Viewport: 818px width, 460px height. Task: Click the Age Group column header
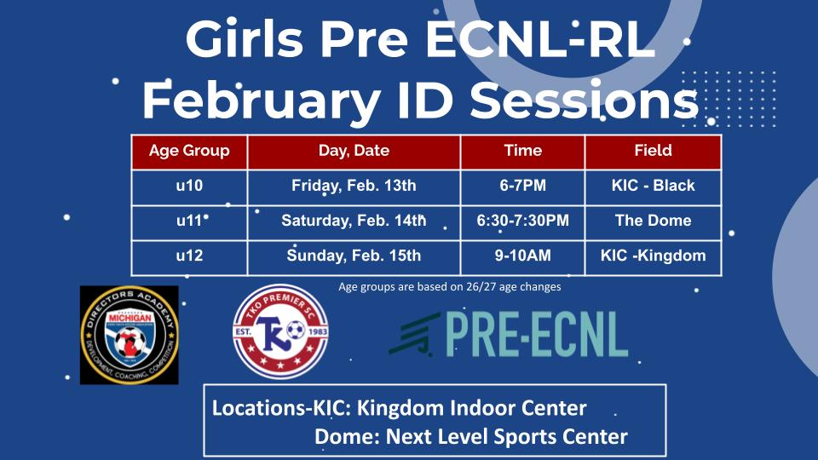pyautogui.click(x=189, y=151)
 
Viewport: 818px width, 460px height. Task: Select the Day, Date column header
pyautogui.click(x=354, y=151)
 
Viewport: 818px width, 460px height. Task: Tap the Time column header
pyautogui.click(x=522, y=151)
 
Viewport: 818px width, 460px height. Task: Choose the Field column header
pyautogui.click(x=653, y=151)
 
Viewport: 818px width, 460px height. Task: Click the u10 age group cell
pyautogui.click(x=189, y=186)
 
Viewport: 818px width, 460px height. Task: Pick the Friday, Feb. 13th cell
pyautogui.click(x=354, y=186)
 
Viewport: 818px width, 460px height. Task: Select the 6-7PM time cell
pyautogui.click(x=522, y=186)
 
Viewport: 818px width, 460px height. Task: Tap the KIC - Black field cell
pyautogui.click(x=653, y=186)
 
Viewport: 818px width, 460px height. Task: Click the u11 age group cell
pyautogui.click(x=189, y=221)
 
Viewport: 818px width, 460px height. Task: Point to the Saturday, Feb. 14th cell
pyautogui.click(x=354, y=221)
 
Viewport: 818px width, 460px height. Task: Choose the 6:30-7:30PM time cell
pyautogui.click(x=522, y=221)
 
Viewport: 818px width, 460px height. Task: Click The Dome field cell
pyautogui.click(x=653, y=221)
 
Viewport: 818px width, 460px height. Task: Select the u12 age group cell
pyautogui.click(x=189, y=256)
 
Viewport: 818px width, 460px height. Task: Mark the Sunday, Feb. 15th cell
pyautogui.click(x=354, y=256)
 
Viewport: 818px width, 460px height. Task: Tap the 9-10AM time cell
pyautogui.click(x=522, y=256)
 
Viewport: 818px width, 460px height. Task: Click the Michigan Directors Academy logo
pyautogui.click(x=129, y=334)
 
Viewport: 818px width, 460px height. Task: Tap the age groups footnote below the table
pyautogui.click(x=449, y=287)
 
